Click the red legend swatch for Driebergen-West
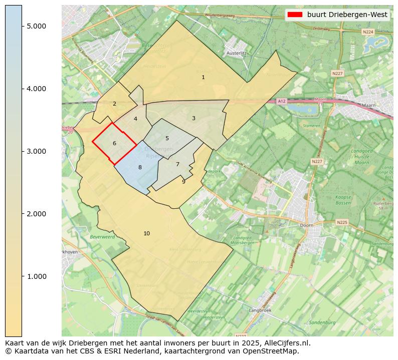pos(294,15)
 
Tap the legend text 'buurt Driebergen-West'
pos(347,15)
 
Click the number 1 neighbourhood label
pos(203,77)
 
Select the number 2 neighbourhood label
pos(114,104)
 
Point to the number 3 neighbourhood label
pos(193,118)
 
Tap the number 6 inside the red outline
pos(114,143)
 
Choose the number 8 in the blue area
pos(140,167)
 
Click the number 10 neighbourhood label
pos(146,233)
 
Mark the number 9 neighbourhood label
pos(183,182)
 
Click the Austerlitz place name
pos(237,53)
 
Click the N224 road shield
pos(368,32)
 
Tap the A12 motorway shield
pos(282,101)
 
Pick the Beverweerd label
pos(102,236)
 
